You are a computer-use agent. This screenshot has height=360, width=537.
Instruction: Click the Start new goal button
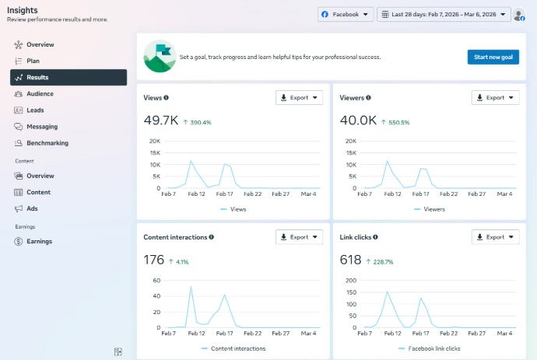493,57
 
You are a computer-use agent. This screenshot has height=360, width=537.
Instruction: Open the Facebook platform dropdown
346,14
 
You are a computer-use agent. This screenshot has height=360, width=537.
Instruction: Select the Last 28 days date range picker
444,14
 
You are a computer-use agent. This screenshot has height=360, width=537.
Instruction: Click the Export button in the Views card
299,97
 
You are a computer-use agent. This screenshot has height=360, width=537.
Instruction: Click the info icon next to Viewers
368,97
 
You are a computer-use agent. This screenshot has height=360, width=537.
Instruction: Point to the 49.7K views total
161,121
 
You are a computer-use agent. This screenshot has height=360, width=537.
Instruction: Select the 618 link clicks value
350,260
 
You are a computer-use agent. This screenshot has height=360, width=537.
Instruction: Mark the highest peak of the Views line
191,161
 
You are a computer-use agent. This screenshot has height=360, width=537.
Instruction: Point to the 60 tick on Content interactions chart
156,280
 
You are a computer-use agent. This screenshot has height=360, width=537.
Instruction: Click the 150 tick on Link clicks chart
351,292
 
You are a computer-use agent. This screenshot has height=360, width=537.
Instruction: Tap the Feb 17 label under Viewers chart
420,194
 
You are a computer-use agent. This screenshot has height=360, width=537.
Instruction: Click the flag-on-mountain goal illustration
160,57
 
